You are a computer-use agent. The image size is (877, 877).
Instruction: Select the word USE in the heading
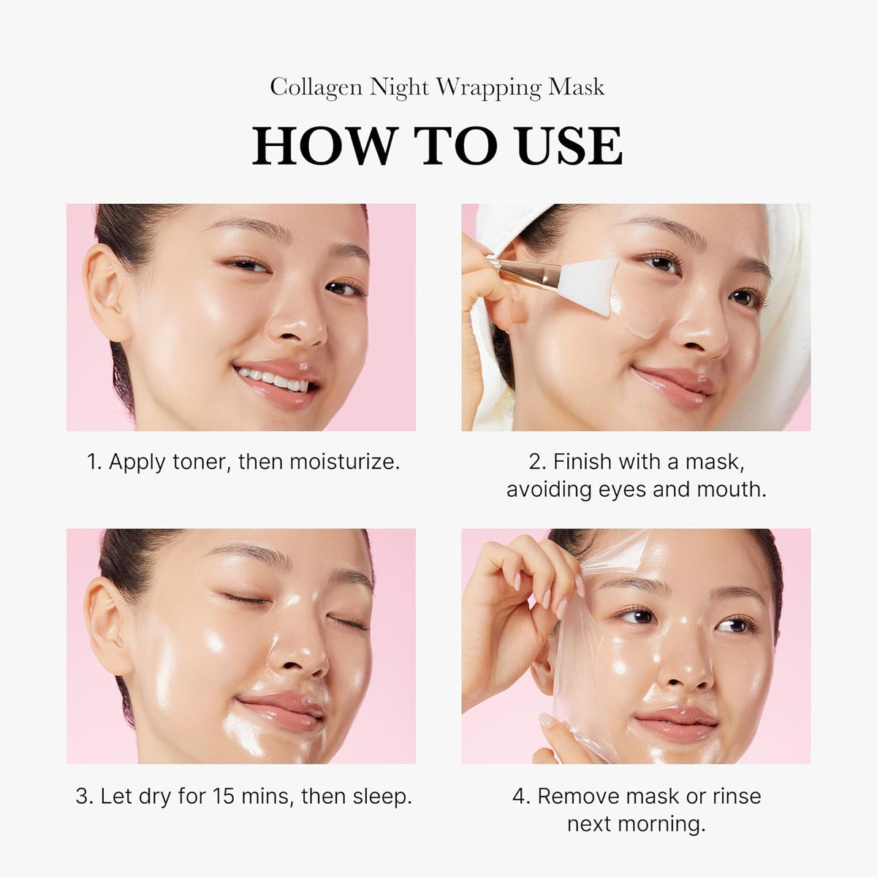(x=569, y=146)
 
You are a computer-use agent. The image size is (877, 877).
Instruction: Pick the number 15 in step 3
(x=227, y=797)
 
